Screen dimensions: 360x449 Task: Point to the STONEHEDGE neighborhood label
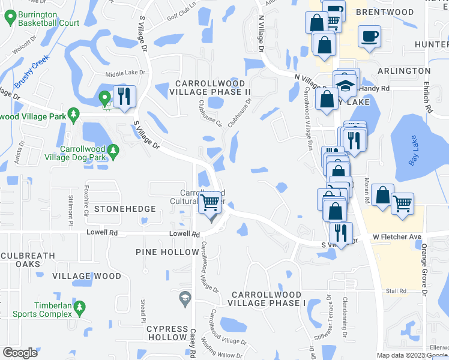tap(125, 209)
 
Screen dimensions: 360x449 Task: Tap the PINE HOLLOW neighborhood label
tap(167, 252)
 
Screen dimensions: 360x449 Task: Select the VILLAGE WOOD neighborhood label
tap(86, 276)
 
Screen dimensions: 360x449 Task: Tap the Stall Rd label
tap(396, 291)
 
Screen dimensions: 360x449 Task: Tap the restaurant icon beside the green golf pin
tap(124, 96)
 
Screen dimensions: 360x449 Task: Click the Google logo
tap(20, 353)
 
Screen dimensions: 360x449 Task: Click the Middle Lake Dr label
tap(125, 73)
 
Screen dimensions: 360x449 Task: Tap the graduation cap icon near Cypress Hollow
tap(185, 296)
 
